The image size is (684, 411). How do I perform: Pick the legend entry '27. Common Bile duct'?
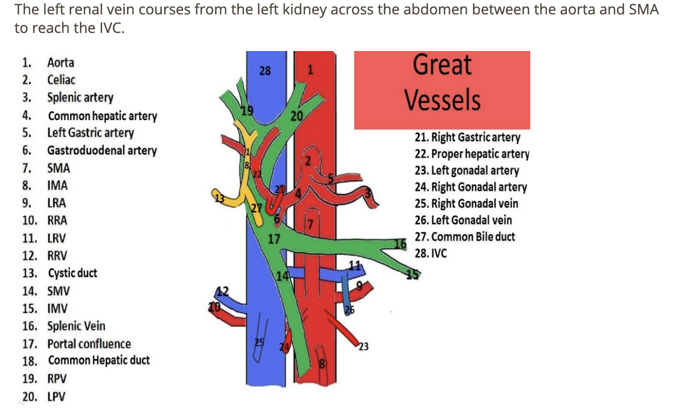point(465,237)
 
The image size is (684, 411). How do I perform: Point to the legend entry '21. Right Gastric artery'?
point(467,137)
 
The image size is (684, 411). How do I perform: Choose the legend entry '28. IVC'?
point(431,253)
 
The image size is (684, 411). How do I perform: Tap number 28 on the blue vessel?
point(265,71)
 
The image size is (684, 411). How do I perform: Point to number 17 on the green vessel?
point(274,239)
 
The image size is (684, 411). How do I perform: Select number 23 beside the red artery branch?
point(364,347)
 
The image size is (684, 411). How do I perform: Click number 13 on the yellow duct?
point(220,198)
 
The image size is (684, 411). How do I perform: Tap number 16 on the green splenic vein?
point(400,244)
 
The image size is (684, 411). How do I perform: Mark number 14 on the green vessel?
point(282,276)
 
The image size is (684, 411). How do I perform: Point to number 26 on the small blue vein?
point(350,310)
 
